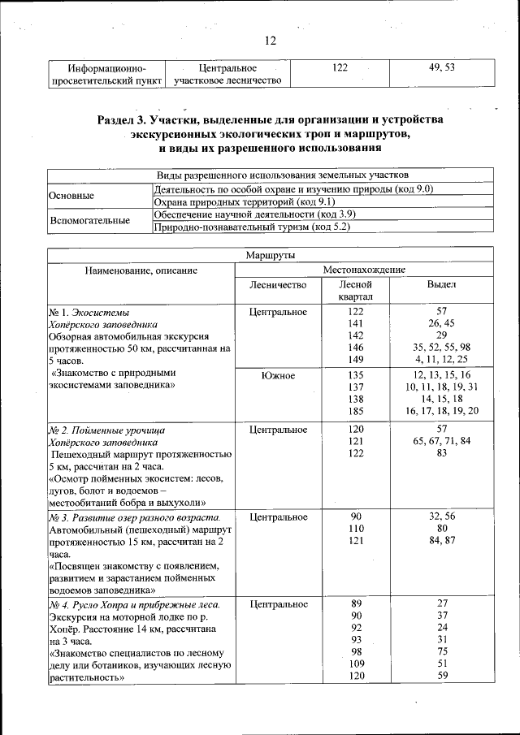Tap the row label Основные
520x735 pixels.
coord(71,196)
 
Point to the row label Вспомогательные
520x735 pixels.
coord(90,220)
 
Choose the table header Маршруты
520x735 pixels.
coord(270,255)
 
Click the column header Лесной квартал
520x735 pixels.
coord(355,291)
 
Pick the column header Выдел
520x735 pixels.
coord(441,285)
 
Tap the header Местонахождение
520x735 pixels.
coord(364,269)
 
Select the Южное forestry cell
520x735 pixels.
coord(278,375)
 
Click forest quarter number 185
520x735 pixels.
coord(355,411)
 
